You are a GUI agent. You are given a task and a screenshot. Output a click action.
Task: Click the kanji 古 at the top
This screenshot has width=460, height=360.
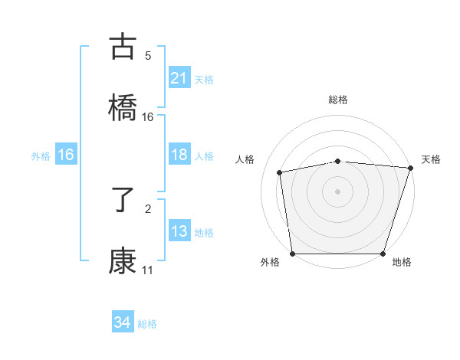coord(123,47)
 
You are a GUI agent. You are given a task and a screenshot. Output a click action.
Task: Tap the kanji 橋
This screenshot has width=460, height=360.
coord(123,107)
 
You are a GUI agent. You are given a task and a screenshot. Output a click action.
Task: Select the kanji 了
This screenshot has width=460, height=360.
coord(123,201)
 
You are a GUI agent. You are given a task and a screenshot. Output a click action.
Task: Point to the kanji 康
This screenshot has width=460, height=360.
coord(123,261)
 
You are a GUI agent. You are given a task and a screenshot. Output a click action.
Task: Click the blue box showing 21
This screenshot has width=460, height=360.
coord(179,78)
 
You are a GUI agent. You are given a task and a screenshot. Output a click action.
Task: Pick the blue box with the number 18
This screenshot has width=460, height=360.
coord(179,155)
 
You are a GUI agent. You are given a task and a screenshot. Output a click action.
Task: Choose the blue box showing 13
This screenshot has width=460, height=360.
coord(179,231)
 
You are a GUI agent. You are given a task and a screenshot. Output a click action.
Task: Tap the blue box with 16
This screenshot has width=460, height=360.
coord(66,155)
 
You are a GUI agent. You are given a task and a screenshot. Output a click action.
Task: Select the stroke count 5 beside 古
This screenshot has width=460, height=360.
coord(148,55)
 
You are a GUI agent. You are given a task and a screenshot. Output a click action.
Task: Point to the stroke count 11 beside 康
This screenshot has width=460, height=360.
coord(147,270)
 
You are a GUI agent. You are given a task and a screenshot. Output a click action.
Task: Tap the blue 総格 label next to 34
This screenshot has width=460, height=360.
coord(147,324)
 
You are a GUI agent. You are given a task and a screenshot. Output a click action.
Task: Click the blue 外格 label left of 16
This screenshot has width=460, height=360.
coord(41,155)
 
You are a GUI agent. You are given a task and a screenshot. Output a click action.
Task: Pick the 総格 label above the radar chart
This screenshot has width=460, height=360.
coord(337,100)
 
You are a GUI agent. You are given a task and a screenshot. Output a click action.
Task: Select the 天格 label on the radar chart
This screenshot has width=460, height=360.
coord(431,159)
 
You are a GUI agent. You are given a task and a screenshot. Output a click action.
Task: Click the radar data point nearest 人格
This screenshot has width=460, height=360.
coord(281,172)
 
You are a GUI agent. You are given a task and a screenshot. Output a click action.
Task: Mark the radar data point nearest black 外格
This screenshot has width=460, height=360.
coord(292,254)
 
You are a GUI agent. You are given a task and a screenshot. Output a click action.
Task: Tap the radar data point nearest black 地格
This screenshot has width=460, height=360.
coord(383,254)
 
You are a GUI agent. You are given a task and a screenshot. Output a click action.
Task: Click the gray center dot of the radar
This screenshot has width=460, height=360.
coord(337,191)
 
